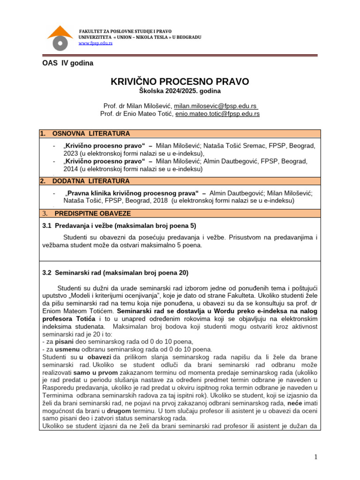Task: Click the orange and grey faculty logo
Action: [60, 37]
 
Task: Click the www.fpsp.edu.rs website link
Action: [95, 43]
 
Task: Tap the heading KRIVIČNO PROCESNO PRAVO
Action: [180, 82]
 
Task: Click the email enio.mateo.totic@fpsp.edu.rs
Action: [217, 113]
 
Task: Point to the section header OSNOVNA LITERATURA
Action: [91, 134]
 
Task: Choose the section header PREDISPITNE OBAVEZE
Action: [92, 213]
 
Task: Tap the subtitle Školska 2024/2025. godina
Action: [180, 91]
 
